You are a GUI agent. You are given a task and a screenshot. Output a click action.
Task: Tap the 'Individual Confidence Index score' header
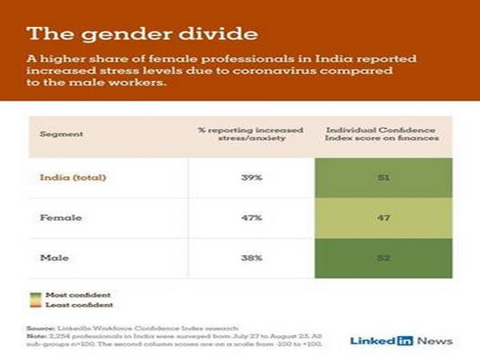384,134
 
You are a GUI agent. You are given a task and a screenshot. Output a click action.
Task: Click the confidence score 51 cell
384,177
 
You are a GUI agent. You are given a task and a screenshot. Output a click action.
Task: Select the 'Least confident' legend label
62,305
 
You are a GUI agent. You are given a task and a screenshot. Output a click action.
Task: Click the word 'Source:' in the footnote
40,328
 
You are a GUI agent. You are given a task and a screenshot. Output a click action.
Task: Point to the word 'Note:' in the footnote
38,336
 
